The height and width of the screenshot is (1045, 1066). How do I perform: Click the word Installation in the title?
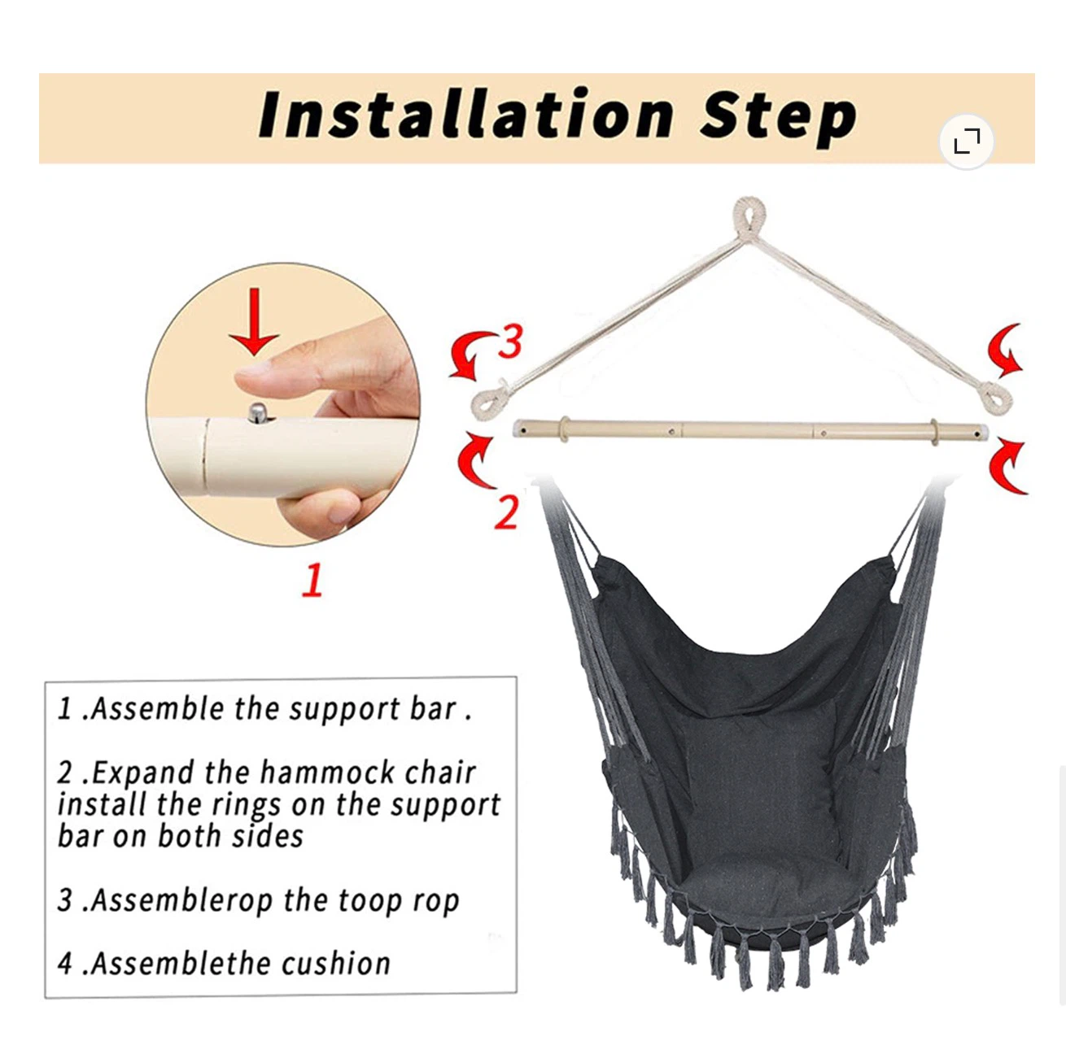pos(465,115)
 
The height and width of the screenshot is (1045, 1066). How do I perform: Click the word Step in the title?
pos(778,118)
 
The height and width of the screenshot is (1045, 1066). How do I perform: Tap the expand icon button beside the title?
pos(967,142)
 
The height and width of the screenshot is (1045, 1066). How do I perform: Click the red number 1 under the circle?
pos(312,580)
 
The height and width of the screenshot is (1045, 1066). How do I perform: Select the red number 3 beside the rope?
pos(509,342)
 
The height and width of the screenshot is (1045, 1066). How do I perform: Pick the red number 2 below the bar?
pos(506,512)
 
